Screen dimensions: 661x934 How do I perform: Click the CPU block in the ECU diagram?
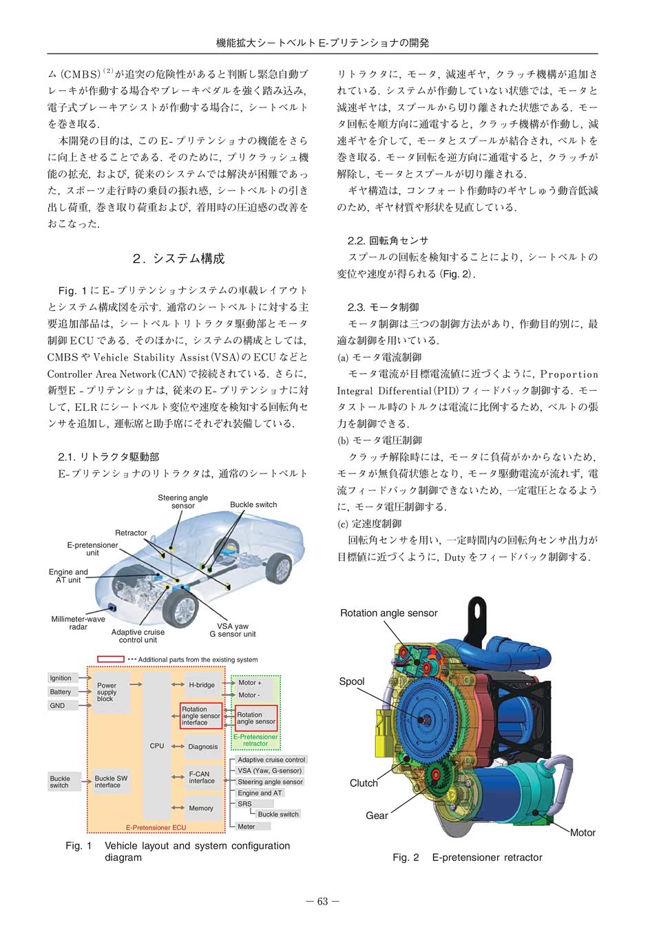pyautogui.click(x=157, y=746)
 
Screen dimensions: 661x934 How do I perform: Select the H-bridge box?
pyautogui.click(x=202, y=685)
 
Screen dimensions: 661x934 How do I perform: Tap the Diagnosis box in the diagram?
pyautogui.click(x=202, y=746)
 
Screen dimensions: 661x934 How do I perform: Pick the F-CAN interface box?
pyautogui.click(x=202, y=777)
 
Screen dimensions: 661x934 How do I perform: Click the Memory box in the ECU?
pyautogui.click(x=202, y=808)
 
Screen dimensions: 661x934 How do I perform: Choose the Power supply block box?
pyautogui.click(x=111, y=692)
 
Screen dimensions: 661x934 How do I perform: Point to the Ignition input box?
pyautogui.click(x=62, y=678)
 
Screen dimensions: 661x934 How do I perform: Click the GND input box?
pyautogui.click(x=62, y=705)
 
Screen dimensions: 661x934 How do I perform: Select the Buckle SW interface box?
pyautogui.click(x=111, y=781)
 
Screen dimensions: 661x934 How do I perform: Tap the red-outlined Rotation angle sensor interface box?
pyautogui.click(x=201, y=716)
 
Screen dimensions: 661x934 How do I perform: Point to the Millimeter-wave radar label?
pyautogui.click(x=78, y=623)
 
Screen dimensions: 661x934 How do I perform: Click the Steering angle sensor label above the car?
pyautogui.click(x=182, y=502)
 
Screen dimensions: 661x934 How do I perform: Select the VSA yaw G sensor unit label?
pyautogui.click(x=232, y=630)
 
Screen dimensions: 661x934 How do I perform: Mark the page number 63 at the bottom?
pyautogui.click(x=323, y=902)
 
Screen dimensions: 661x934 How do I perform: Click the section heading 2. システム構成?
pyautogui.click(x=178, y=259)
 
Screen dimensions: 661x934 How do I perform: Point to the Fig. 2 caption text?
pyautogui.click(x=467, y=858)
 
